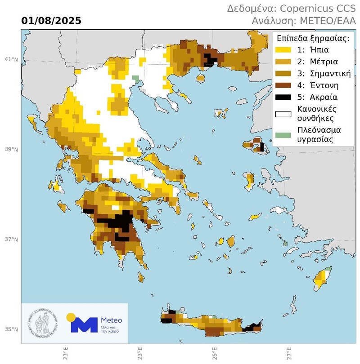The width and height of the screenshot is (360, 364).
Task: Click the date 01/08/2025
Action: pos(51,21)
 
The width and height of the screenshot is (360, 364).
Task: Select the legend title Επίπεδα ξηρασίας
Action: pos(313,38)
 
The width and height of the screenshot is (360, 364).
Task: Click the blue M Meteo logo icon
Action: pos(84,324)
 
